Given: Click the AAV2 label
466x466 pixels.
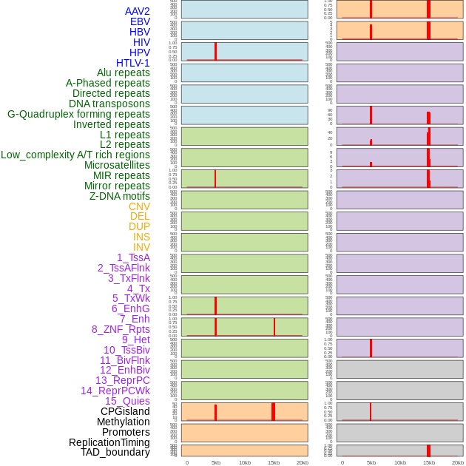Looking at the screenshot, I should pos(137,11).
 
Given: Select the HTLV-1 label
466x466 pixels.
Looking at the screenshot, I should pos(132,63).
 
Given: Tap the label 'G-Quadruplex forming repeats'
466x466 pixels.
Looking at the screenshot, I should pos(78,114).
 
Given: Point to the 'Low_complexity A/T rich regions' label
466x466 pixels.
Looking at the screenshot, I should pos(75,155).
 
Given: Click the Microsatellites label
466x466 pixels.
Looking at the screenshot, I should pos(117,165).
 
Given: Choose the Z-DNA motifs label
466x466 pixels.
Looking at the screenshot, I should pos(120,196).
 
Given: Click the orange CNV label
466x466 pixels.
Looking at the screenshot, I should pos(139,206).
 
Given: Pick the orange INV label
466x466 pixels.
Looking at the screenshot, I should pos(141,247).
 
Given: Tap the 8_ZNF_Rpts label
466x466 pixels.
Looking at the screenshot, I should pos(121,329).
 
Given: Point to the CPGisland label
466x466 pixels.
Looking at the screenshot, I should pos(125,411).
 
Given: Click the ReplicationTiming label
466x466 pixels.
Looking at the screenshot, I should pos(109,442).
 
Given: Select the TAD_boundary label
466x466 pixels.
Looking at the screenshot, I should pos(115,452).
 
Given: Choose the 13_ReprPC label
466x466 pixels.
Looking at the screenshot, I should pos(122,380).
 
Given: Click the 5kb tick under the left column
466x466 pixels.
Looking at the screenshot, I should pos(216,462).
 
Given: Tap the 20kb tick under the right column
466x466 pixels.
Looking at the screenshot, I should pos(458,462).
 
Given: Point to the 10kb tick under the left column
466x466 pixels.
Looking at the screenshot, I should pos(245,462).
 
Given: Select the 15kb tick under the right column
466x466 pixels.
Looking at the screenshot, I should pos(429,462).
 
